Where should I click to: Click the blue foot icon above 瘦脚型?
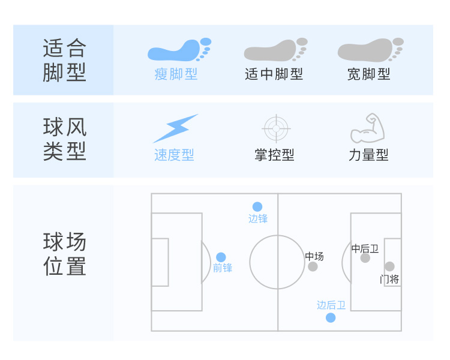click(179, 50)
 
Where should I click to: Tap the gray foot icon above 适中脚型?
click(275, 50)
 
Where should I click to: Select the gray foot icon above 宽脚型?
click(370, 50)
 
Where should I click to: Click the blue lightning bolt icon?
click(175, 128)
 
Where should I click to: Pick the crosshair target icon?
click(277, 127)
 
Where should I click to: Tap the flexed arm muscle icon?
click(367, 127)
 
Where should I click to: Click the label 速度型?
click(174, 155)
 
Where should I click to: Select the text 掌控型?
click(274, 155)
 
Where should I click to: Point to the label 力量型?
click(368, 155)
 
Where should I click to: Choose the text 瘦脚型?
click(176, 74)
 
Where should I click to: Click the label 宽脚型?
click(368, 74)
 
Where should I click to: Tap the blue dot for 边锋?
click(257, 206)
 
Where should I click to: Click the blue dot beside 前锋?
click(221, 257)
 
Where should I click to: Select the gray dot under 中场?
click(313, 266)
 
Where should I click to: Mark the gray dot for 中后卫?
click(365, 258)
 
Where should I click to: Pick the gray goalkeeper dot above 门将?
click(389, 266)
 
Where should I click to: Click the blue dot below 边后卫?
click(331, 317)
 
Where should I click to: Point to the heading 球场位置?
click(65, 254)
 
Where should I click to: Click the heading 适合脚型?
click(65, 60)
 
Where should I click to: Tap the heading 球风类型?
click(65, 139)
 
